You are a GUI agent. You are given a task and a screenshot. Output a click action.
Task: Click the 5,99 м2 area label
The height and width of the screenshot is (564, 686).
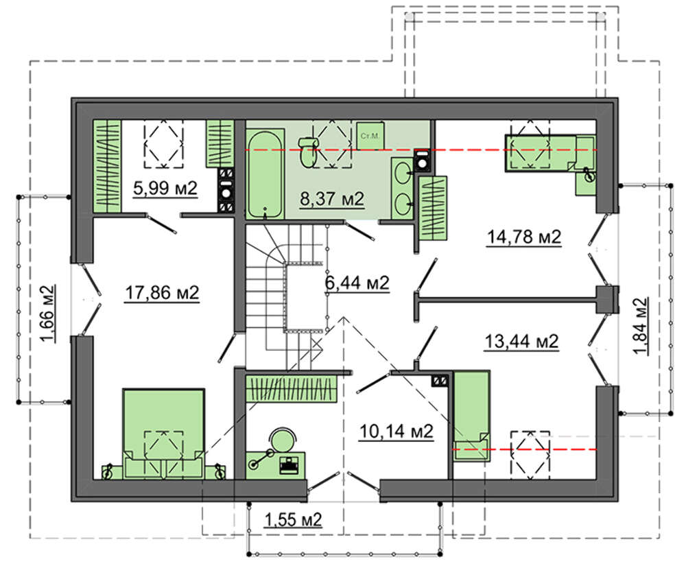(165, 189)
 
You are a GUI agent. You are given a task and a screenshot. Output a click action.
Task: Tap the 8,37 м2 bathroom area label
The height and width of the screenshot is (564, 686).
(332, 199)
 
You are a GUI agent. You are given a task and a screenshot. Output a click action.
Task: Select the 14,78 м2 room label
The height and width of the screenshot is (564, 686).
(524, 237)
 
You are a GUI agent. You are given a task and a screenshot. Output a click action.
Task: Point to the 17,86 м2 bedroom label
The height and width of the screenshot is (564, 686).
(163, 293)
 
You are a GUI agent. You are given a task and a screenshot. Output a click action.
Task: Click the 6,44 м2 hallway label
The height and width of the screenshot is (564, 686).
(357, 283)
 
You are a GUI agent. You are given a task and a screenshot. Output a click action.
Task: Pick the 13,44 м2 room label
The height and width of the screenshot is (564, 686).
(522, 341)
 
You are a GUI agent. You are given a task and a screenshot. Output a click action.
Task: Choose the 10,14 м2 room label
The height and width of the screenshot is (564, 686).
(397, 432)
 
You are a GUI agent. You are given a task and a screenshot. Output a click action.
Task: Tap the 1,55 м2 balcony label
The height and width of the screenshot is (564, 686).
(293, 520)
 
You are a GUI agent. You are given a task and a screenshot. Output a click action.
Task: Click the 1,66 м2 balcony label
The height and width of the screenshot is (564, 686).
(47, 314)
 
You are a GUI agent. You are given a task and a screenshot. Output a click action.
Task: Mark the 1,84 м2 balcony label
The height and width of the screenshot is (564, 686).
(639, 326)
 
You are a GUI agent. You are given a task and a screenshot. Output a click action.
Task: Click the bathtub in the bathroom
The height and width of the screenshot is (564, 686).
(265, 174)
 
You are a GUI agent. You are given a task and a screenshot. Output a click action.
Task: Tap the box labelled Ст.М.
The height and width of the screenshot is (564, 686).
(370, 136)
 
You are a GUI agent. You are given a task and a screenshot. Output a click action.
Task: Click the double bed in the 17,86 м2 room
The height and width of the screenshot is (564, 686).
(163, 433)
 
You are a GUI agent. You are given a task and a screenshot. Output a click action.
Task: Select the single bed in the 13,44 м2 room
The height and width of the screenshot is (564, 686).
(471, 416)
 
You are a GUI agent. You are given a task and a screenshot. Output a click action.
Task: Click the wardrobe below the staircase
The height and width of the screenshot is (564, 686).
(291, 388)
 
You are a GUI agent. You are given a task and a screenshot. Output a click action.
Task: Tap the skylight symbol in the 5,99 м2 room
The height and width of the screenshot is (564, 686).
(164, 143)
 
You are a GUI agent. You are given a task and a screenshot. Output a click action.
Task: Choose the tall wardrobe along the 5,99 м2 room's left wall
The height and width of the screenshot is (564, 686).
(107, 166)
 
